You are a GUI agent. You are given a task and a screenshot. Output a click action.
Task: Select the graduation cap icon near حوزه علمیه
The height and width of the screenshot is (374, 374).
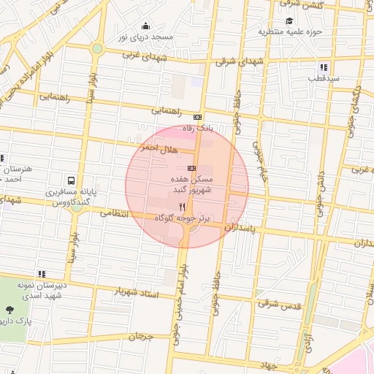290,20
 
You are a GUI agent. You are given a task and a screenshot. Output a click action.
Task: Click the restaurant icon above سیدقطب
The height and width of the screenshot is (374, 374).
303,67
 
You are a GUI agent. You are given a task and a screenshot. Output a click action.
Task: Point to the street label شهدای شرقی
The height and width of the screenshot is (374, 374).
239,63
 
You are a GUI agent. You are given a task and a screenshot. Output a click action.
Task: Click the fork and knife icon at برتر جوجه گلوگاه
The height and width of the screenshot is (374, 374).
182,207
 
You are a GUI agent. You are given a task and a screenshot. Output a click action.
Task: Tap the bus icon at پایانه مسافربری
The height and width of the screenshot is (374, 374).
70,180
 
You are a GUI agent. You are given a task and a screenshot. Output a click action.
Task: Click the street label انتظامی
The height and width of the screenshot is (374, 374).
112,213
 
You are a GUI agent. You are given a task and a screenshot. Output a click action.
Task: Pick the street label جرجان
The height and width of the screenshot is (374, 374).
142,337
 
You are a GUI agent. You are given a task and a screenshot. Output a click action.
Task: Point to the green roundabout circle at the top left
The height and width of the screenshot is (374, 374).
97,48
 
